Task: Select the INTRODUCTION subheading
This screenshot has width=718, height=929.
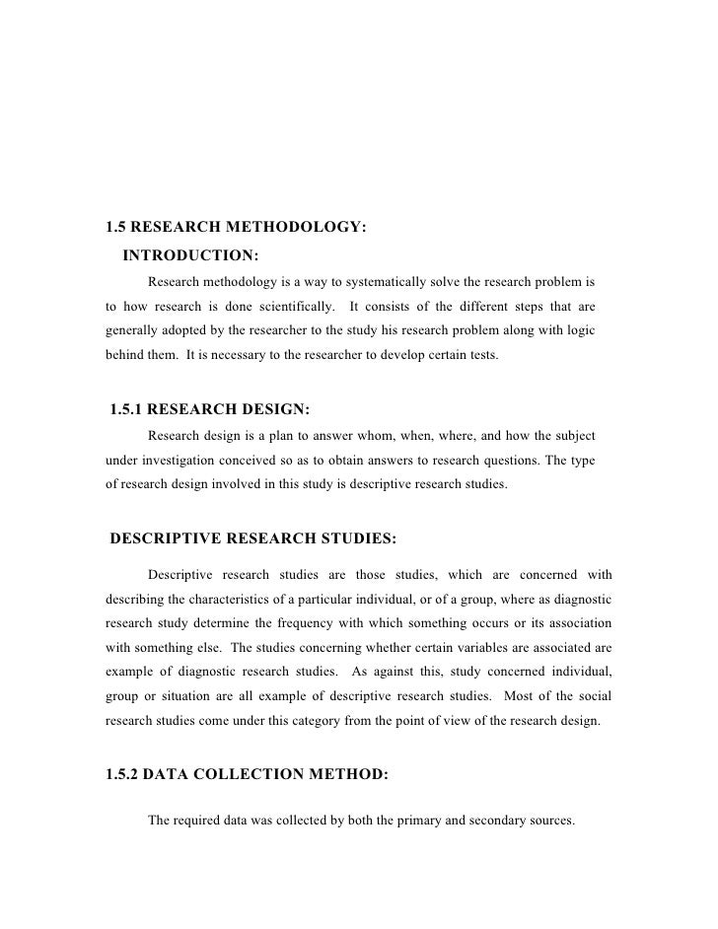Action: click(190, 256)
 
